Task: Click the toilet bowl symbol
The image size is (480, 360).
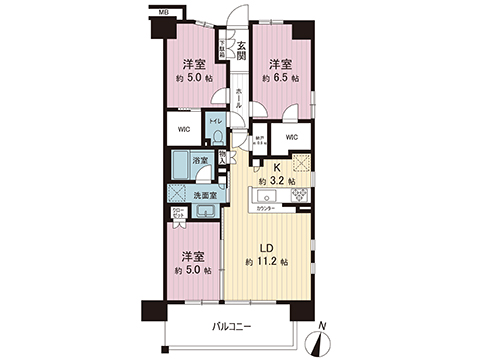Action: [217, 135]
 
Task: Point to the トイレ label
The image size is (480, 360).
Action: [217, 118]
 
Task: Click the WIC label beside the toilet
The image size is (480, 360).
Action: [183, 128]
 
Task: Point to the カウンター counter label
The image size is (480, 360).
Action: [277, 210]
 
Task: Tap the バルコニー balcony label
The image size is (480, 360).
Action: [231, 326]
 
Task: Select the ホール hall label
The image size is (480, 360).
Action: [240, 97]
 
